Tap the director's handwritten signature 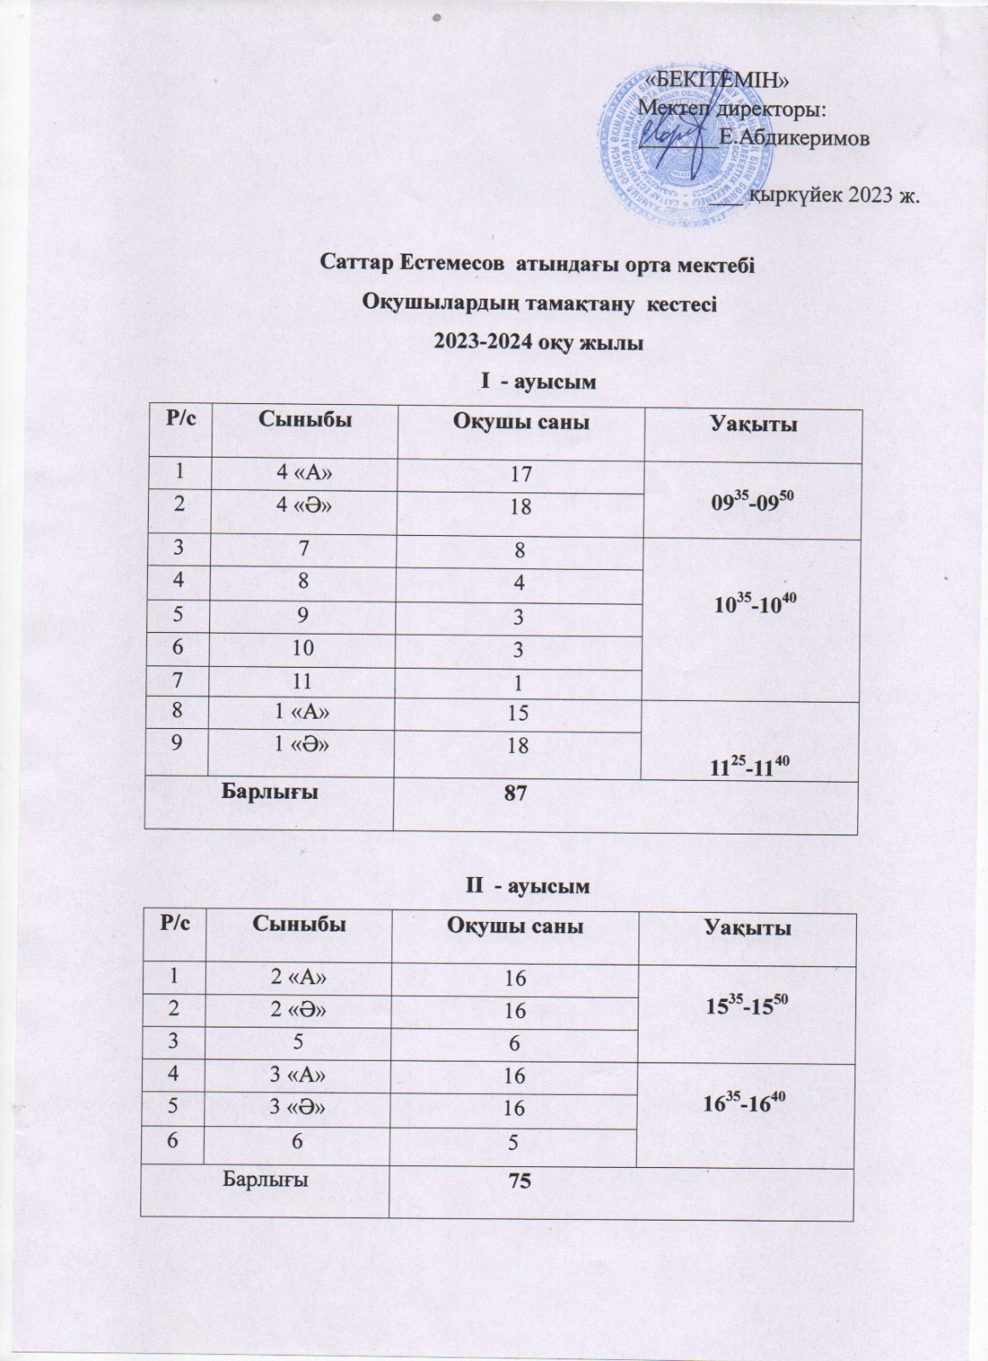tap(672, 132)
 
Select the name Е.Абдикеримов tap(792, 139)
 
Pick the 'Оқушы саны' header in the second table tap(514, 926)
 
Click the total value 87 tap(514, 793)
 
